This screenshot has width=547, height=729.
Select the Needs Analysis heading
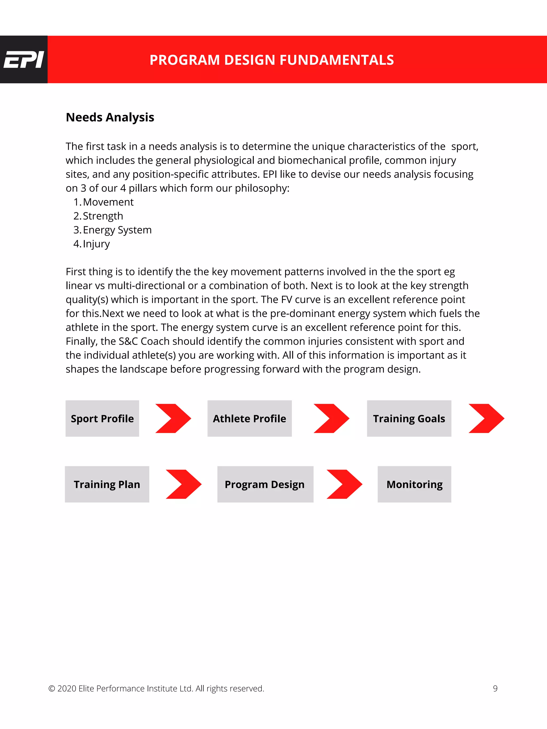pos(110,117)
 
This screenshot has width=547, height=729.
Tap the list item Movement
pos(108,202)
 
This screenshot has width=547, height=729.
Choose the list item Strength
pos(103,216)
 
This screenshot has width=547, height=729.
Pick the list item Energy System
pos(117,230)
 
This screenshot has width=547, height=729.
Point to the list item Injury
pos(96,244)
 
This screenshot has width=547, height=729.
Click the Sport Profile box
pos(102,419)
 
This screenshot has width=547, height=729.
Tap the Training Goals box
pos(409,419)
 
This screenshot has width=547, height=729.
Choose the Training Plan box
pos(107,484)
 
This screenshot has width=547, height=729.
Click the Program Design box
pos(265,484)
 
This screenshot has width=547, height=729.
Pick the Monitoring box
pos(414,484)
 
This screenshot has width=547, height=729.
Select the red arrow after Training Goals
pos(487,418)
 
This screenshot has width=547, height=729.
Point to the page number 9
pos(495,688)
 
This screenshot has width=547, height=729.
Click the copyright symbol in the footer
pos(52,689)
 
